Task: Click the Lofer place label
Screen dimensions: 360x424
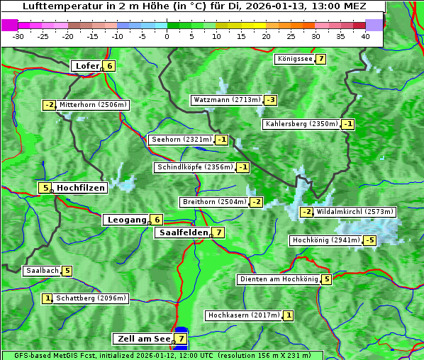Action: click(x=86, y=66)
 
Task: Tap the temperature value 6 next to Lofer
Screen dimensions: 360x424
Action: click(x=109, y=66)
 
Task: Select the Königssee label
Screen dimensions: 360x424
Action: click(x=295, y=59)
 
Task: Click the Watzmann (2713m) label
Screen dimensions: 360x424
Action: click(x=227, y=100)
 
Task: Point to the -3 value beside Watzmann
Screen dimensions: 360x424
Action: click(x=271, y=100)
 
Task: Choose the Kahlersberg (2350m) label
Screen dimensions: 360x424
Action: click(x=301, y=124)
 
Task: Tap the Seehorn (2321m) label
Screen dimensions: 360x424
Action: click(x=182, y=140)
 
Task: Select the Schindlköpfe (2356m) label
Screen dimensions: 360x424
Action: click(x=194, y=167)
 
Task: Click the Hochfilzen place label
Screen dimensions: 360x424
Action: click(x=81, y=188)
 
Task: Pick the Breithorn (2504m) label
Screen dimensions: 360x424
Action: click(x=214, y=202)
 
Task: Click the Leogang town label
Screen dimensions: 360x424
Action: click(x=126, y=220)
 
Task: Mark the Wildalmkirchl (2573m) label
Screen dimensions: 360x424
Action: click(x=355, y=211)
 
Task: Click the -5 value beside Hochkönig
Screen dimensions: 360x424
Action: click(x=370, y=240)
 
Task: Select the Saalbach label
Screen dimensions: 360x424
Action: click(x=42, y=271)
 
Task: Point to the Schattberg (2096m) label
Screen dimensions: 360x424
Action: click(x=91, y=298)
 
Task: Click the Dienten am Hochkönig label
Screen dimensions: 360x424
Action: click(x=278, y=279)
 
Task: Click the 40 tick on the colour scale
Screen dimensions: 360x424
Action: click(x=365, y=36)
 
